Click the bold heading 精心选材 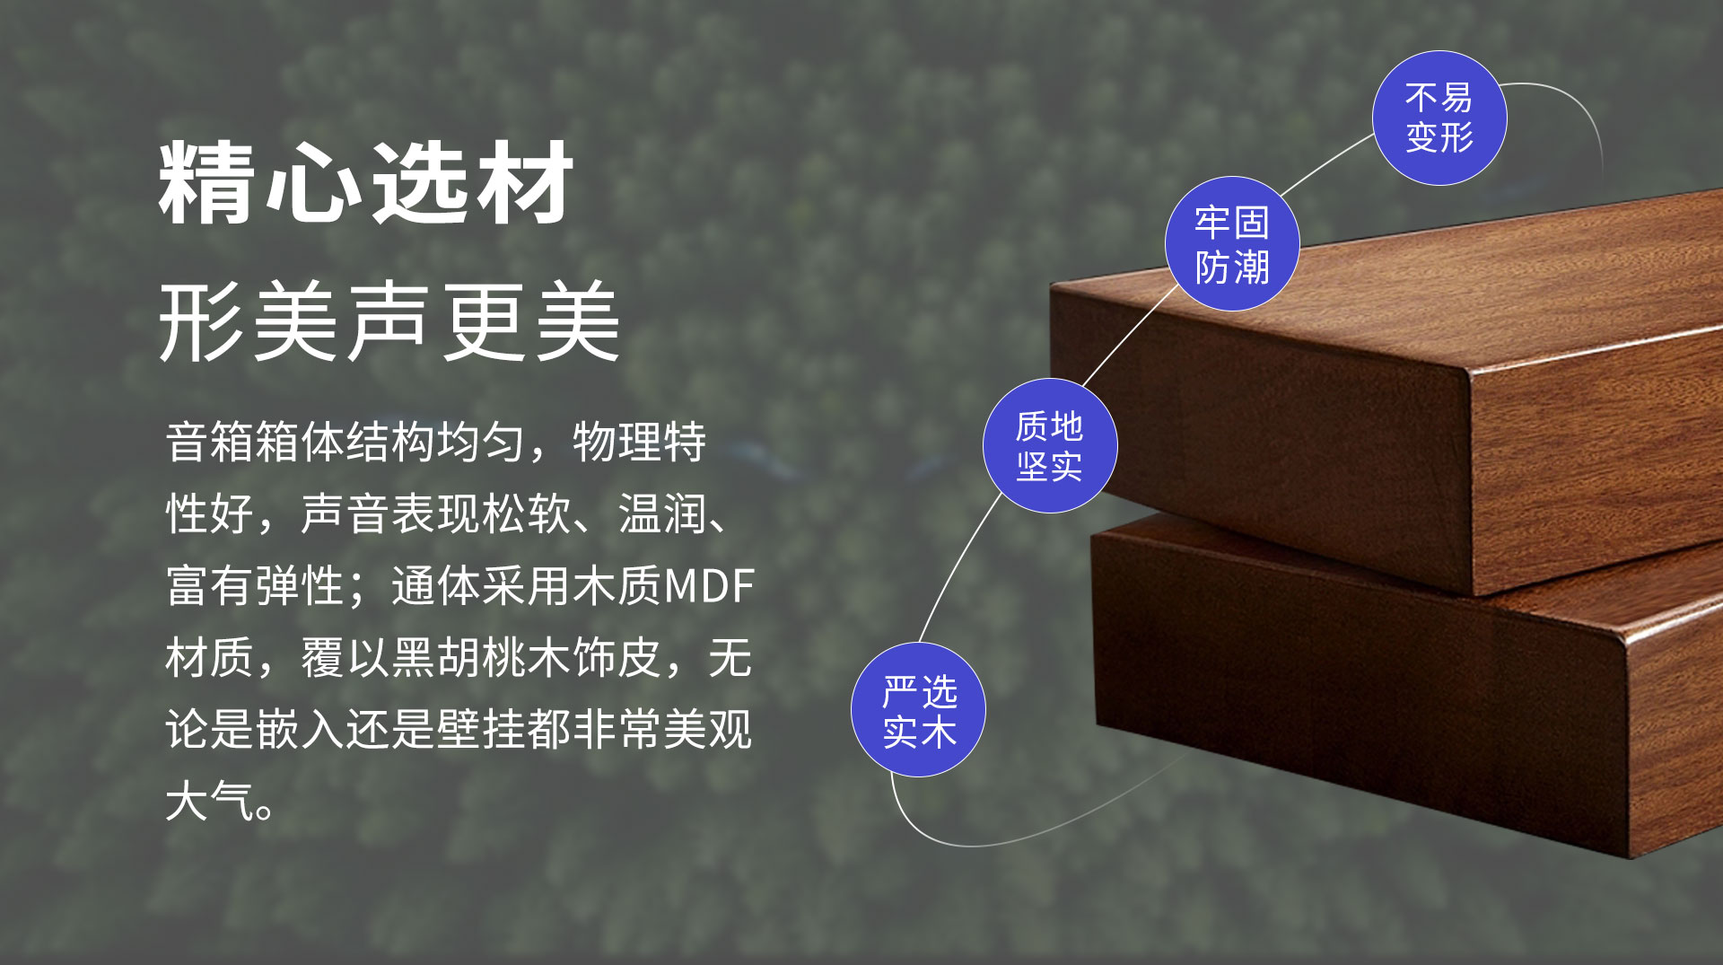366,183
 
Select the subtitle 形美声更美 389,321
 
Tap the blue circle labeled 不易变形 1439,118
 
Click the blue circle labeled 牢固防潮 1232,244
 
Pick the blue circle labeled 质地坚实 1050,446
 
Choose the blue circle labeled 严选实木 918,710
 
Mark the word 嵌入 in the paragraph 301,730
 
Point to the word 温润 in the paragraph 662,514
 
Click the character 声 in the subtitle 389,321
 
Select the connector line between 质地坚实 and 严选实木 958,566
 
